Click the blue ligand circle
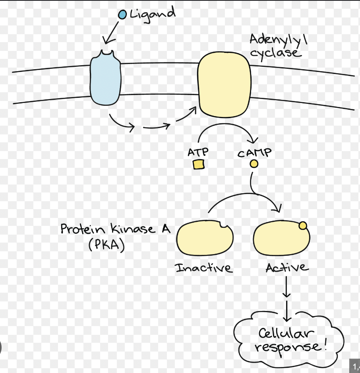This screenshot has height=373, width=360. [x=122, y=15]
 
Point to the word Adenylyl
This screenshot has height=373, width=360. [x=278, y=39]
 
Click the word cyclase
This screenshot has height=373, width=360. [x=275, y=53]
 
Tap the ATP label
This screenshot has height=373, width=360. [x=198, y=152]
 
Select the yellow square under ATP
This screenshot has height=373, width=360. [x=198, y=164]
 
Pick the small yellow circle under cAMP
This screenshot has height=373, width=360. [x=254, y=164]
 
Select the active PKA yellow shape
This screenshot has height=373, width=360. [x=280, y=240]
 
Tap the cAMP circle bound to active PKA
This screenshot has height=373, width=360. [x=302, y=226]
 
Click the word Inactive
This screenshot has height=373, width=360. [x=204, y=268]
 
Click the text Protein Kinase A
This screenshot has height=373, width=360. [x=115, y=229]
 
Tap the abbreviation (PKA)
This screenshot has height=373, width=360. [x=106, y=244]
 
